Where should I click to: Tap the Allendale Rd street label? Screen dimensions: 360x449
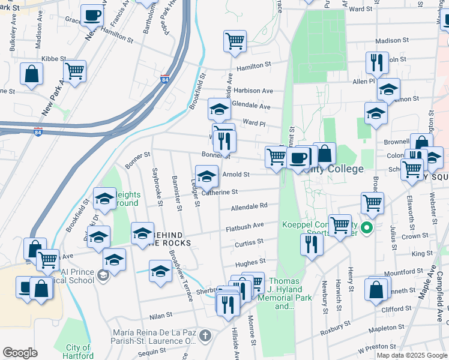249,205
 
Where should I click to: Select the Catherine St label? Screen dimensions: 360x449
220,192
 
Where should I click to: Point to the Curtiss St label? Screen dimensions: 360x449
249,242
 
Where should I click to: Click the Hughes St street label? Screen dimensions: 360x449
250,262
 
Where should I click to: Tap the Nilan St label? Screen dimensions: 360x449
160,314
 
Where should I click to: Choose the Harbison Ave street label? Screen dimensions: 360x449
253,91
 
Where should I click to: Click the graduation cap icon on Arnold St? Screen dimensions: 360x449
207,176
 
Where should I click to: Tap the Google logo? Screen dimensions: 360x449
20,353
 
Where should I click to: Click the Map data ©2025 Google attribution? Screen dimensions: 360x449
412,355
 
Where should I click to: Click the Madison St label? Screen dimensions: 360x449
387,41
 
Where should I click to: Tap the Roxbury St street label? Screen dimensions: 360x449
335,326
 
